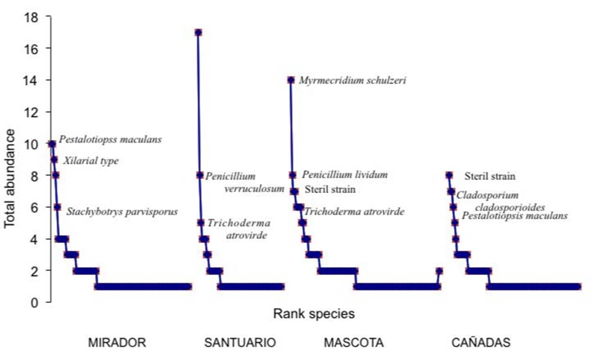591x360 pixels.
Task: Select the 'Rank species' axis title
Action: [x=313, y=314]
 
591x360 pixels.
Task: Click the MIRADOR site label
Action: [x=117, y=343]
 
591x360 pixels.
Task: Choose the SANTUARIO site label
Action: [x=240, y=343]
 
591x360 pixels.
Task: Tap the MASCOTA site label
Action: [x=354, y=343]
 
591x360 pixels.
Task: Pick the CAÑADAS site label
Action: [x=481, y=343]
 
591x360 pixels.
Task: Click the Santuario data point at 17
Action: [x=198, y=32]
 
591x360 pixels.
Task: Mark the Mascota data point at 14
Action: [x=291, y=80]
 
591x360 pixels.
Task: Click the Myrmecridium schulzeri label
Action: [x=352, y=81]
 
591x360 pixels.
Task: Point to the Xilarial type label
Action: [x=91, y=161]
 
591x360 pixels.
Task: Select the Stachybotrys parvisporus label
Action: [x=122, y=212]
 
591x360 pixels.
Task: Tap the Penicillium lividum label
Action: [x=345, y=175]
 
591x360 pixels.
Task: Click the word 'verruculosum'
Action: [x=254, y=189]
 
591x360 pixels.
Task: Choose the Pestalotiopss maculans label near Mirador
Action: [x=110, y=139]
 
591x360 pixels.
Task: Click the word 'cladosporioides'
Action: [x=509, y=207]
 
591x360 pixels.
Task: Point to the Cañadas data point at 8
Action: [x=449, y=175]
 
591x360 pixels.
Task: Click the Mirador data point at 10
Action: [x=52, y=144]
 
